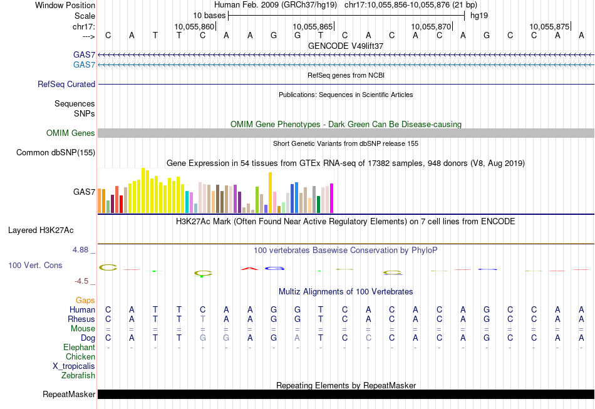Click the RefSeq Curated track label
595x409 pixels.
point(66,84)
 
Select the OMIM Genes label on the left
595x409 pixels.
point(71,133)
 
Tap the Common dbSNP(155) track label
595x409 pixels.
point(56,152)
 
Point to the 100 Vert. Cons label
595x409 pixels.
point(35,266)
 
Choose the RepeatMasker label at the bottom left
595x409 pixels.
point(69,395)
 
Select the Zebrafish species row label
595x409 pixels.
point(78,376)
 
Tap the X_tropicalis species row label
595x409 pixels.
point(74,366)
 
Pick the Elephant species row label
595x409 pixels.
point(79,347)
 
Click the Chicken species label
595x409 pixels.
point(80,356)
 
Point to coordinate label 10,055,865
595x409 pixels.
point(313,26)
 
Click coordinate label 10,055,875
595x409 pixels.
point(549,26)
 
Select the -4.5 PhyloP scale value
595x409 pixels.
point(81,281)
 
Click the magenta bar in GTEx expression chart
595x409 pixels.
point(331,198)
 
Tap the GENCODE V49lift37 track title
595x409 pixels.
point(346,46)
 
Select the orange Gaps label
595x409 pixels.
point(85,301)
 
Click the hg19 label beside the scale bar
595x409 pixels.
point(479,15)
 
